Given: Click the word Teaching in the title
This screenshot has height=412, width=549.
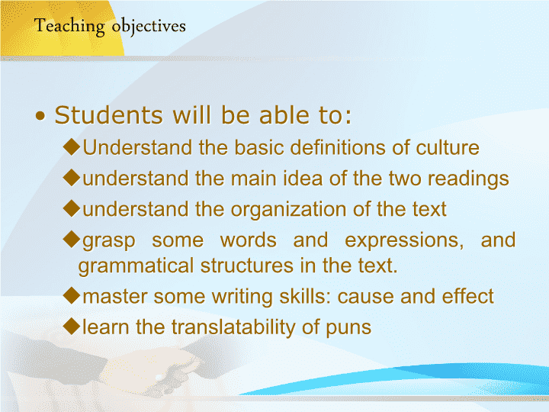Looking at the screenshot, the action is (69, 27).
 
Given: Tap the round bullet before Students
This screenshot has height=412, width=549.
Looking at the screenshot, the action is (40, 116).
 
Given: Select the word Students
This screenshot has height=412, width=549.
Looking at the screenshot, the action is (108, 115).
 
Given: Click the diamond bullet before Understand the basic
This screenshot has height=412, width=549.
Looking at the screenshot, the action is (72, 146).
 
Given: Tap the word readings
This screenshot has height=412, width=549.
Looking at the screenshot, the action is (468, 179).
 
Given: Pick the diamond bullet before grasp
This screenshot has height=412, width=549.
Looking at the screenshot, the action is (72, 240).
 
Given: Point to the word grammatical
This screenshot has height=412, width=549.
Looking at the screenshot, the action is (136, 266).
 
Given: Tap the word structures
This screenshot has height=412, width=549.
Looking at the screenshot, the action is (247, 266).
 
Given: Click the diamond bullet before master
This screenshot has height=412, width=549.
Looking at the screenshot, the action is (72, 296).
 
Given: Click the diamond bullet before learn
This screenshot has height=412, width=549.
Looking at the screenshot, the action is (72, 327).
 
